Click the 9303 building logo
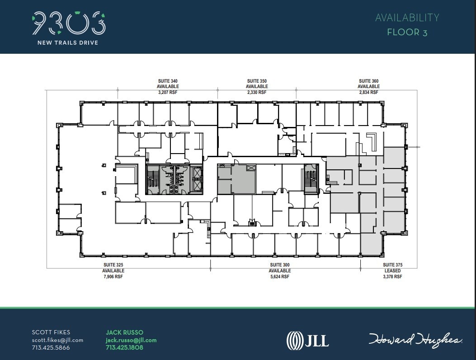tap(69, 24)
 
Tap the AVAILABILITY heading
tap(407, 18)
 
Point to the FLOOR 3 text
tap(407, 32)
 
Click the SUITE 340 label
tap(168, 81)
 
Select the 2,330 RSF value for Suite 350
tap(257, 92)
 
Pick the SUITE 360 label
tap(368, 81)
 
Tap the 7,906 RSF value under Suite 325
tap(113, 277)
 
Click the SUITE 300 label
tap(280, 265)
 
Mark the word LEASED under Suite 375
tap(392, 271)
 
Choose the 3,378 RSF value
tap(392, 277)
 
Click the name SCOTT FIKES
tap(51, 332)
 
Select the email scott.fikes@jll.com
tap(57, 340)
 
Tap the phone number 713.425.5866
tap(51, 348)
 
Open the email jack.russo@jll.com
tap(131, 340)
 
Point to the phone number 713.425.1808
tap(124, 348)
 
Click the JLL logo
tap(307, 340)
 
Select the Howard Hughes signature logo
tap(415, 340)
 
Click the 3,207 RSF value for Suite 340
tap(168, 92)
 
